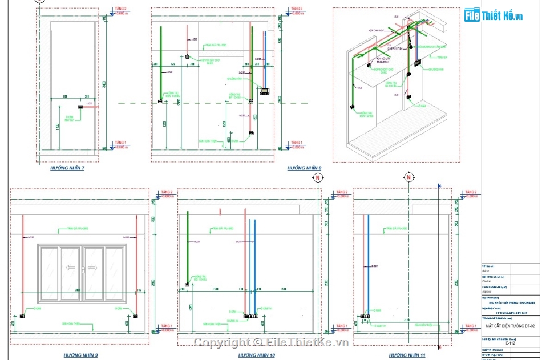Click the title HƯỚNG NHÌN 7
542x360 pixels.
[67, 168]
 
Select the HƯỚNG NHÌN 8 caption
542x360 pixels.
[304, 168]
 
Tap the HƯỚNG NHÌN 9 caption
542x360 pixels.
[80, 355]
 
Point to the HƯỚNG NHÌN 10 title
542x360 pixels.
[256, 355]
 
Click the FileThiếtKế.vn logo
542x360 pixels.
[494, 16]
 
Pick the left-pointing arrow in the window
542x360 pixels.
[71, 266]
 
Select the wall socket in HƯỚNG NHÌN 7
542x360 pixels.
[81, 107]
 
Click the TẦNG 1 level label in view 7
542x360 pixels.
[120, 143]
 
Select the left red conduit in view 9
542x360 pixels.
[22, 262]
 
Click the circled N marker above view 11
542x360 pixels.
[408, 177]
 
